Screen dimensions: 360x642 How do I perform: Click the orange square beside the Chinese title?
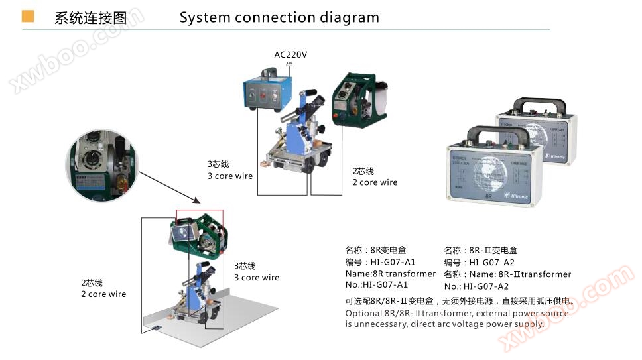click(x=28, y=17)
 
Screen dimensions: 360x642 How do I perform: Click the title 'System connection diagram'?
click(x=279, y=17)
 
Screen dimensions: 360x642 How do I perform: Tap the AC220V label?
click(x=290, y=54)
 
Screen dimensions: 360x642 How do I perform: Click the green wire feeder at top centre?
click(x=358, y=99)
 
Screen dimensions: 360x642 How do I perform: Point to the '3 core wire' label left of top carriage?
click(x=229, y=176)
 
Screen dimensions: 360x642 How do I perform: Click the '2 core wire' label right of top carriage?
click(x=375, y=182)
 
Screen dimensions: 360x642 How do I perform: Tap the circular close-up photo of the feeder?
click(x=103, y=166)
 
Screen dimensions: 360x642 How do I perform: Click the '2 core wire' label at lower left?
click(x=103, y=294)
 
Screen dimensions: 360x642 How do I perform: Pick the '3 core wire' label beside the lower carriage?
click(x=257, y=278)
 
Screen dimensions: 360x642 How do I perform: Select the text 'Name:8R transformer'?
click(x=390, y=274)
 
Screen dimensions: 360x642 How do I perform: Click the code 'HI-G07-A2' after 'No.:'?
click(x=485, y=286)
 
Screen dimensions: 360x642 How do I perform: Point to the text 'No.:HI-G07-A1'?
click(x=377, y=285)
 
